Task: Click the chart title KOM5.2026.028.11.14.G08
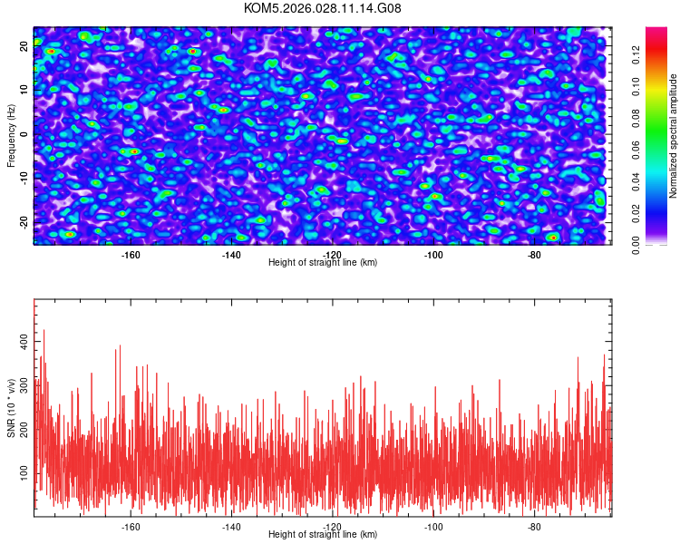(x=323, y=9)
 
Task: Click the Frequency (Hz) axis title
(x=12, y=135)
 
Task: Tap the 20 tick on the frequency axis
(x=24, y=47)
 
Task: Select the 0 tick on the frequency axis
(x=24, y=135)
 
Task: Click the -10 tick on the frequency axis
(x=24, y=179)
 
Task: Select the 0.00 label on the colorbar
(x=636, y=245)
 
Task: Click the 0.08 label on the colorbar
(x=636, y=118)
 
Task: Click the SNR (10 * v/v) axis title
(x=12, y=407)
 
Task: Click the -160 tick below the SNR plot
(x=131, y=527)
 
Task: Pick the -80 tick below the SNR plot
(x=534, y=527)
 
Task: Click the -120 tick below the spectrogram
(x=332, y=255)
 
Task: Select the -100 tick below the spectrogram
(x=433, y=255)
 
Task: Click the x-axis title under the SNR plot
(x=323, y=536)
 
